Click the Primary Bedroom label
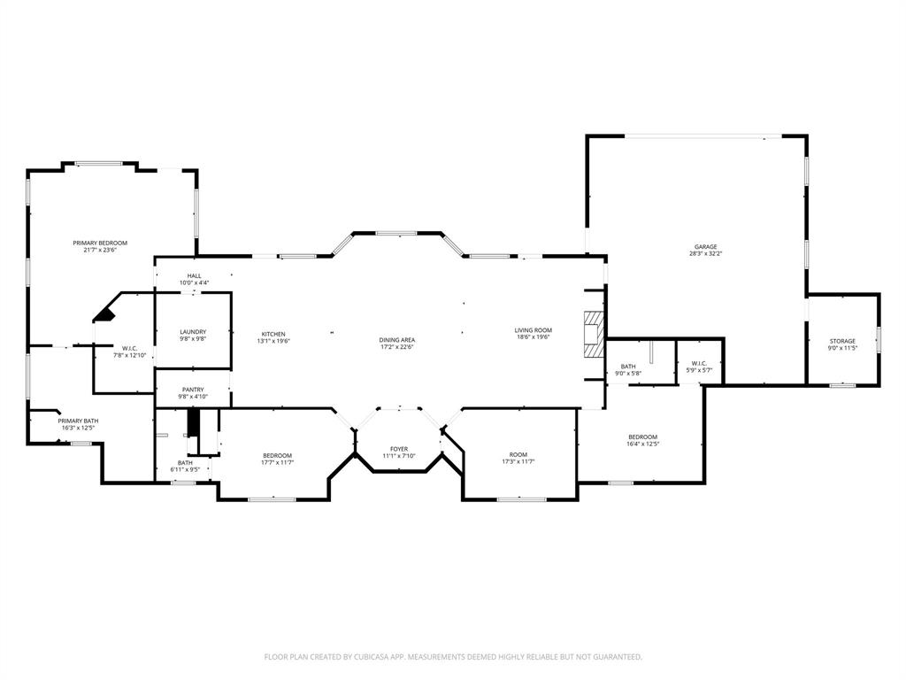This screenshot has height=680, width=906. tap(100, 243)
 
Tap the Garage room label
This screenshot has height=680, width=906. tap(705, 247)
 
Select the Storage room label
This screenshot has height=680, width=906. tap(842, 341)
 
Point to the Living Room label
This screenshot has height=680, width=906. tap(533, 330)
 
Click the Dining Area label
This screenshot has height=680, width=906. tap(397, 340)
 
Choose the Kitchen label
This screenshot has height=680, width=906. tap(273, 334)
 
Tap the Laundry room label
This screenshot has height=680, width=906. tap(193, 332)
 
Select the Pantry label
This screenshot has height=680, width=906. tap(193, 390)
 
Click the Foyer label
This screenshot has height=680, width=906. tap(399, 449)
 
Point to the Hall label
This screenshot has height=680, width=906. tap(194, 276)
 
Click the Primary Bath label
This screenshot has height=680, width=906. tap(77, 421)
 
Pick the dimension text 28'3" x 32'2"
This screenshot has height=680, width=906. tap(705, 254)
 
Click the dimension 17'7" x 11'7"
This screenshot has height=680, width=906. tap(276, 462)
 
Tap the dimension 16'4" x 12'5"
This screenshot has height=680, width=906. tap(643, 444)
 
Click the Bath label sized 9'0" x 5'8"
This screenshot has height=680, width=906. tap(628, 367)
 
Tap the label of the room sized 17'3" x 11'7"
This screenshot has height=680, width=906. tap(518, 455)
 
